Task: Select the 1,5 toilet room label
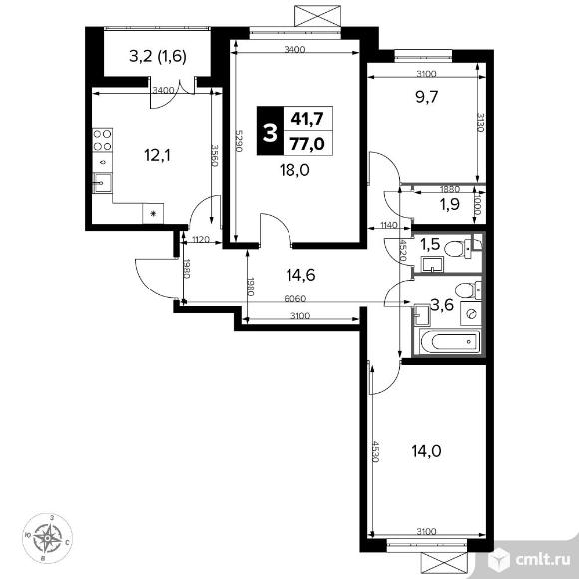click(x=431, y=244)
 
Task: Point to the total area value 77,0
click(x=306, y=141)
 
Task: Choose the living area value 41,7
click(x=306, y=119)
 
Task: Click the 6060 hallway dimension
click(x=295, y=299)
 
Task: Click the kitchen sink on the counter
click(x=102, y=183)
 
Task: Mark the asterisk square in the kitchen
click(x=153, y=213)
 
